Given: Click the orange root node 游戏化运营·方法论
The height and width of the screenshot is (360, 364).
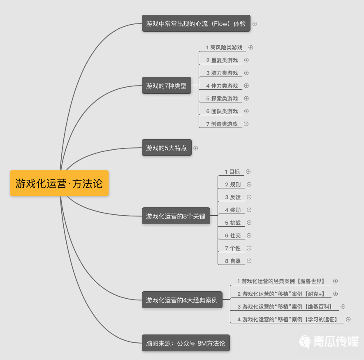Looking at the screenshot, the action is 59,183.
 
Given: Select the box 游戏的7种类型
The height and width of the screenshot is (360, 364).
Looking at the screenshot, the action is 167,86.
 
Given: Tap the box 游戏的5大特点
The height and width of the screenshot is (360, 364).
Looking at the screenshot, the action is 167,148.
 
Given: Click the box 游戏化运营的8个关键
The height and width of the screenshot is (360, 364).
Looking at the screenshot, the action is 176,216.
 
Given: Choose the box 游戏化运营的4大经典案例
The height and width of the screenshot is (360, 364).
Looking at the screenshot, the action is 182,300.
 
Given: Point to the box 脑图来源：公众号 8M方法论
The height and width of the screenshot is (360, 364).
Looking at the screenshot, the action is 186,343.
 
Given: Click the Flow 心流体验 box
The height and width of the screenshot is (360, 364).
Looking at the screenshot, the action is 196,23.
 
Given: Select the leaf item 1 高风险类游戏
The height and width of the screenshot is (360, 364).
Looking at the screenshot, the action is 224,48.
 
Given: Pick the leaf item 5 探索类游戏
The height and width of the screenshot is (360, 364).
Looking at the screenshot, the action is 222,98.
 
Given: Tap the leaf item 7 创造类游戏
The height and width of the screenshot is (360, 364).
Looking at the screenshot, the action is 222,124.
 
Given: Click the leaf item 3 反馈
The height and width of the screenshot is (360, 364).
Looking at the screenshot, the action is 233,197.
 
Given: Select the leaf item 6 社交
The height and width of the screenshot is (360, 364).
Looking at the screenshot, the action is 233,235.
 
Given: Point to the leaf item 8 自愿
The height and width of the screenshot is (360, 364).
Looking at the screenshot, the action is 233,261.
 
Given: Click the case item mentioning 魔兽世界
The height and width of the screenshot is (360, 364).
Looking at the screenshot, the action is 281,281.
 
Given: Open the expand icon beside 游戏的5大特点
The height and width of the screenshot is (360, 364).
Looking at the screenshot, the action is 196,148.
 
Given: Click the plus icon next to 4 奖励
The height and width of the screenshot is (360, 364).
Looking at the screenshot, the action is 249,210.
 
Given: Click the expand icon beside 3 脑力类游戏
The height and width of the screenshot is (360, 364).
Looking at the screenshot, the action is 246,73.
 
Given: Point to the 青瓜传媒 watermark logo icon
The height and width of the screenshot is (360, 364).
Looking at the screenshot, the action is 305,341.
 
